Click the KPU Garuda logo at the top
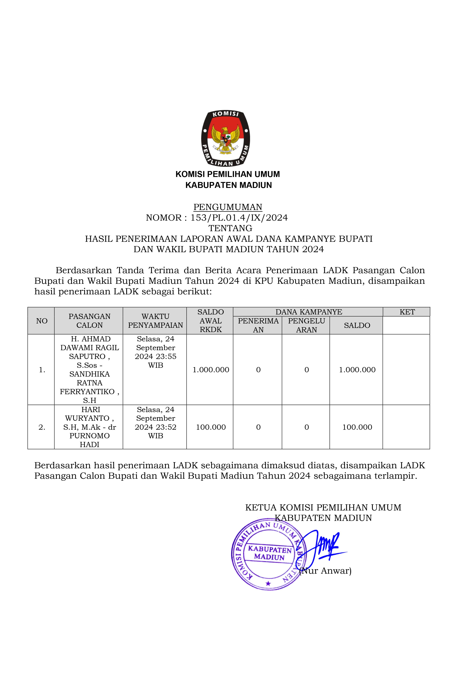click(225, 138)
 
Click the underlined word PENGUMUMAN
click(228, 207)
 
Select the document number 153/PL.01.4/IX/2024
click(239, 218)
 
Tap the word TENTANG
click(230, 228)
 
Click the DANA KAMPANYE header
click(308, 312)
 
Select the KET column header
click(407, 312)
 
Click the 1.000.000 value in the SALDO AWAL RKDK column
click(211, 370)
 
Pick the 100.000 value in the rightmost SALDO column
click(357, 427)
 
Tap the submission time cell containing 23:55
click(155, 352)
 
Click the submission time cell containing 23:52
click(155, 423)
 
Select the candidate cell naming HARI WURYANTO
click(89, 427)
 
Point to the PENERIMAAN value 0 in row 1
click(258, 370)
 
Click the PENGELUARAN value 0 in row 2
click(306, 427)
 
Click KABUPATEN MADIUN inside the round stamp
click(269, 553)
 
